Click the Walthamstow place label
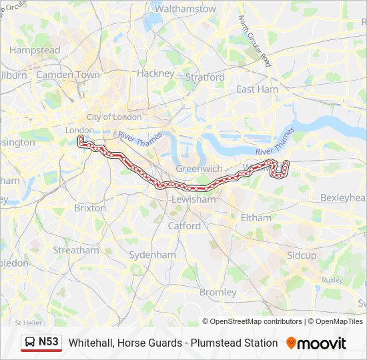[185, 9]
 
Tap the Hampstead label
[35, 50]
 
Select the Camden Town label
[67, 75]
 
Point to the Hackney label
[155, 73]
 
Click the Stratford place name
[205, 77]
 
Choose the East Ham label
[257, 89]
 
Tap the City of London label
[113, 117]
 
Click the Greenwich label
[199, 169]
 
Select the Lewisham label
[194, 199]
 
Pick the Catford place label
[184, 225]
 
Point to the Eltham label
[256, 217]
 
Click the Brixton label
[90, 208]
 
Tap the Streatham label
[75, 251]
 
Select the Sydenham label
[152, 255]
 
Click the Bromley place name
[218, 292]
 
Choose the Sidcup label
[302, 255]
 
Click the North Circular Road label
[255, 41]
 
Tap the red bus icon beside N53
[30, 343]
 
